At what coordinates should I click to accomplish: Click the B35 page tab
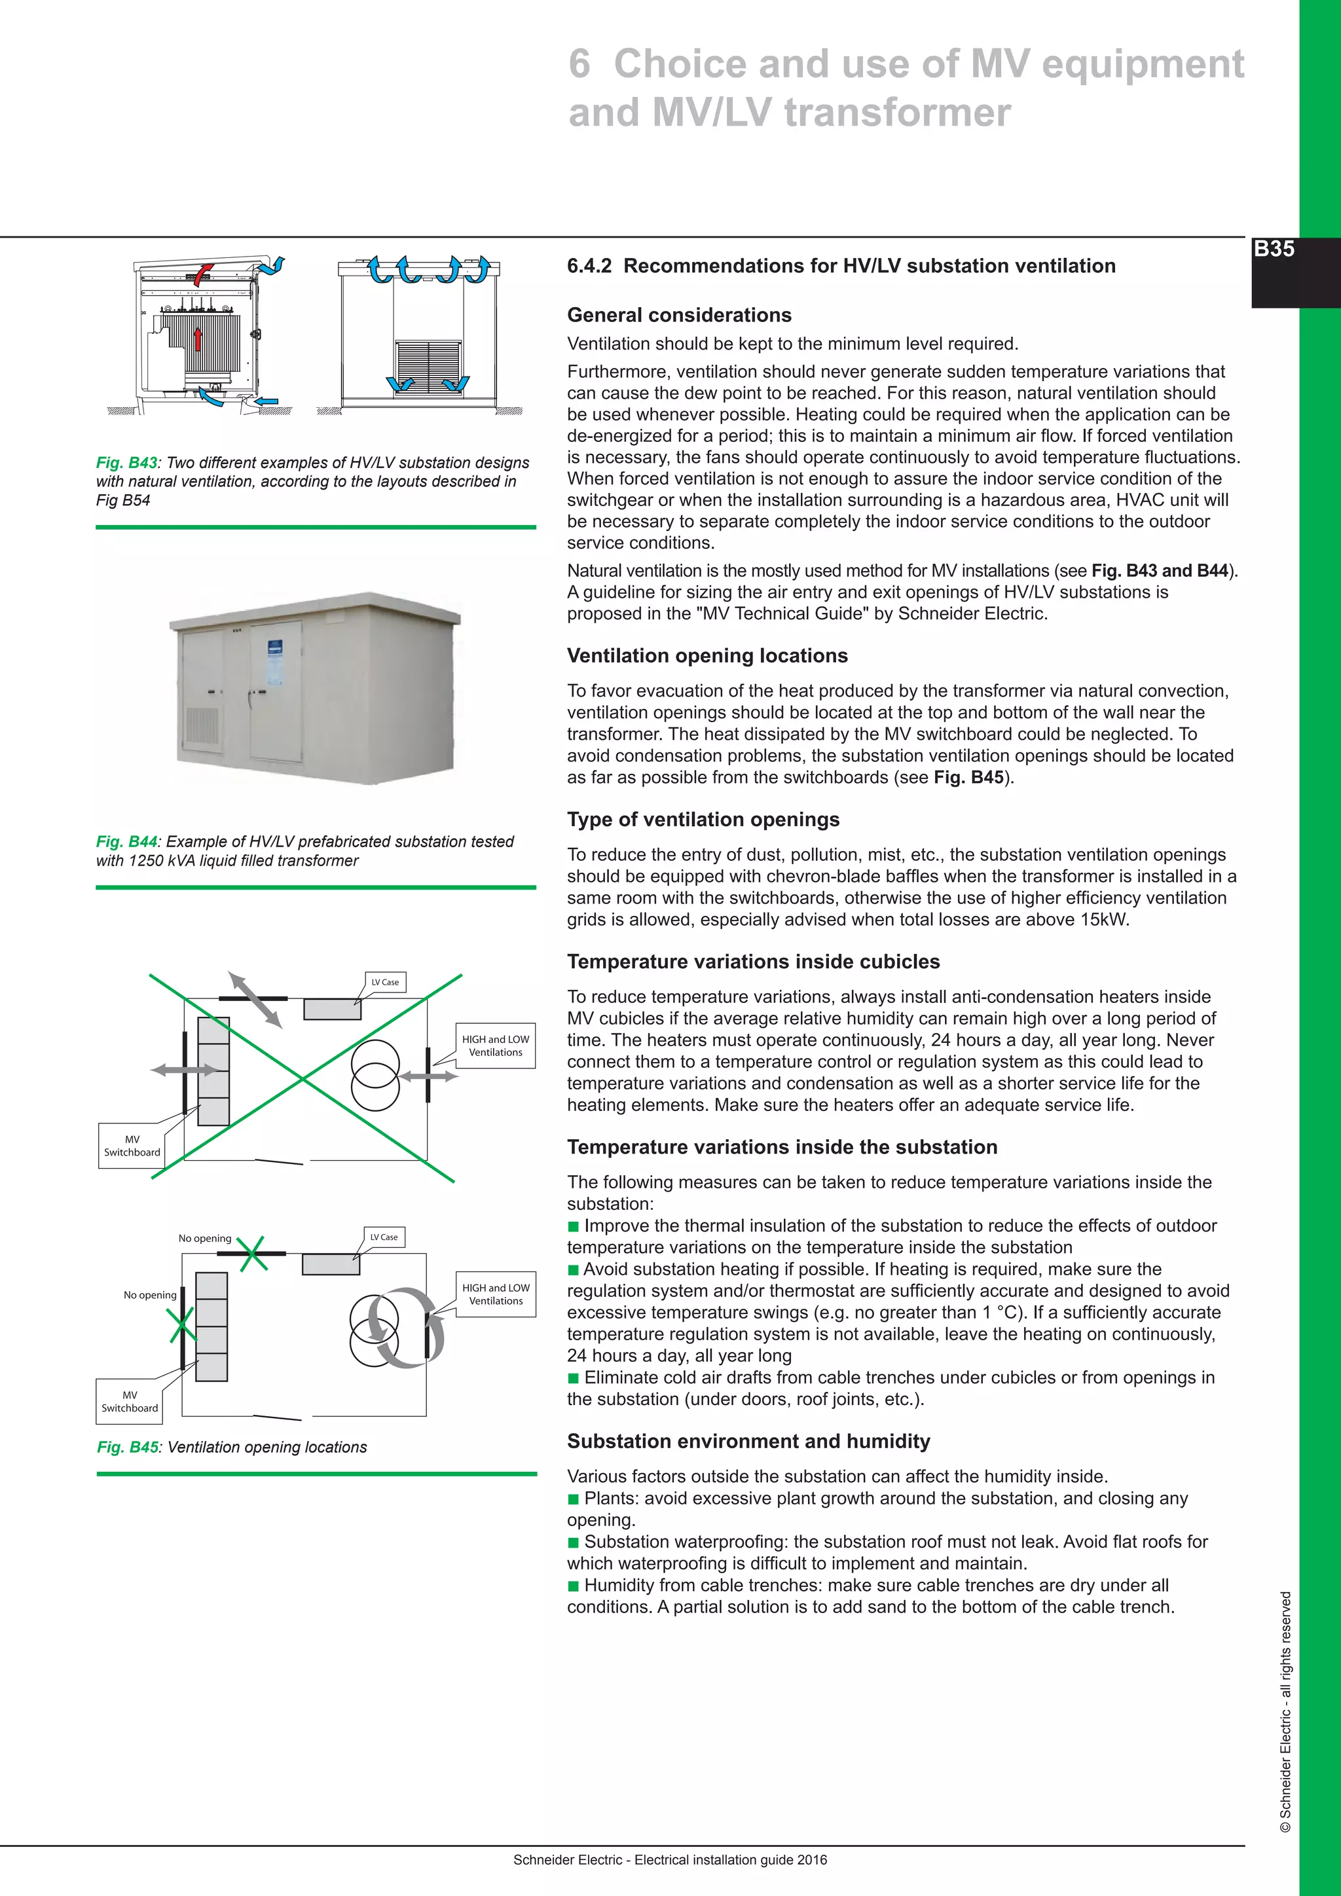tap(1274, 249)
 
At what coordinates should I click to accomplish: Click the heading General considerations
tap(679, 315)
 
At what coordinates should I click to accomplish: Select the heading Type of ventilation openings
tap(703, 819)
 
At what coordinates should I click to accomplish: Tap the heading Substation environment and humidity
tap(748, 1441)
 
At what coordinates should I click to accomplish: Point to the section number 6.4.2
tap(589, 266)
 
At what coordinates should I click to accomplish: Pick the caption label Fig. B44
tap(126, 841)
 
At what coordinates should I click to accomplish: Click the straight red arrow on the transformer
tap(198, 338)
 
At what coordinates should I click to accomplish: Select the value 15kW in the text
tap(1103, 919)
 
